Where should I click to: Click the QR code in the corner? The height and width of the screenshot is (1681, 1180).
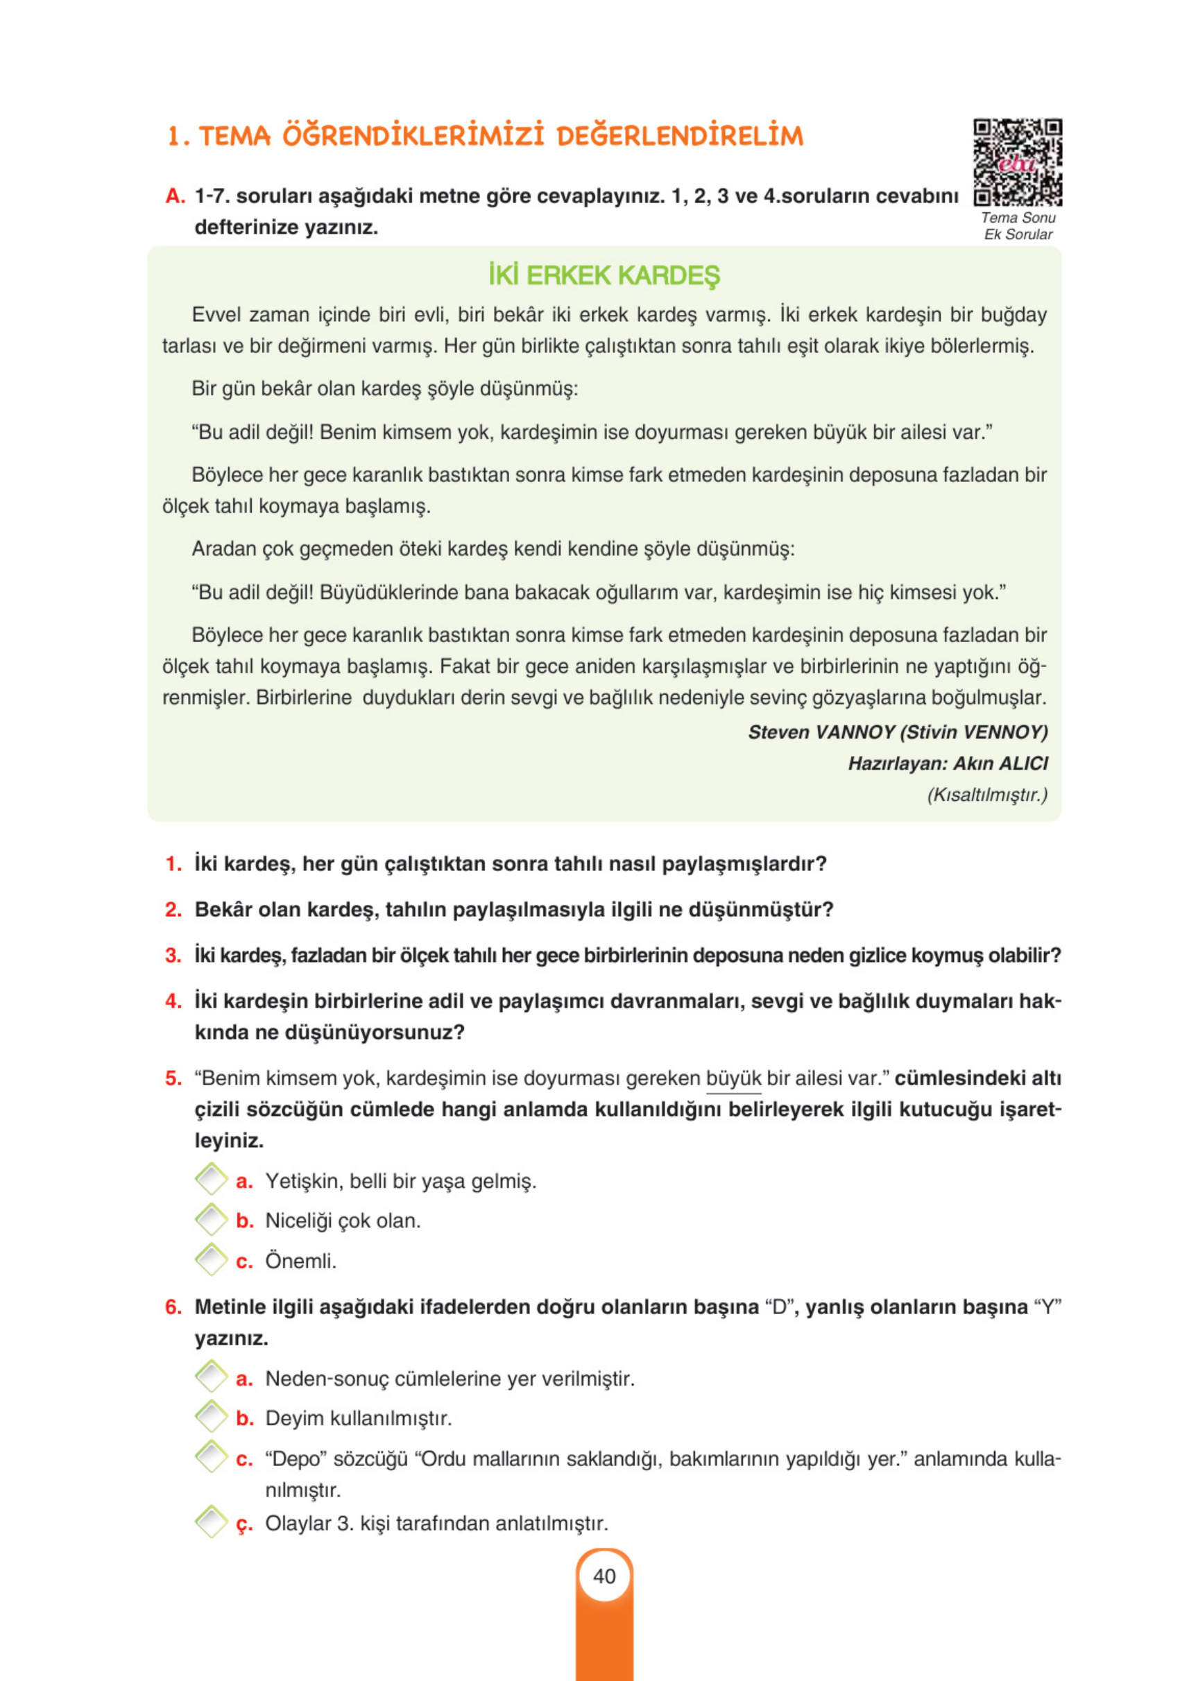pos(1017,162)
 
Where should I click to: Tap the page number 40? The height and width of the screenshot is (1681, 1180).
pos(604,1576)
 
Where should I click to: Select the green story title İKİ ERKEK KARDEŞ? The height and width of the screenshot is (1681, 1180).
pos(604,276)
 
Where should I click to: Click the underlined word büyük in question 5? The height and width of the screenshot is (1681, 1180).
pos(733,1078)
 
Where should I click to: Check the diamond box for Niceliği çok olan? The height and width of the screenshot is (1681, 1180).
pos(211,1220)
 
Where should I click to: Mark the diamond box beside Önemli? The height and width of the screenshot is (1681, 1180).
pos(211,1260)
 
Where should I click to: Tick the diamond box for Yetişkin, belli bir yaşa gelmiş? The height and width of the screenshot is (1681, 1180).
pos(211,1180)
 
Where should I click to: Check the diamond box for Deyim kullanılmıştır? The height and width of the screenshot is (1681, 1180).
pos(211,1417)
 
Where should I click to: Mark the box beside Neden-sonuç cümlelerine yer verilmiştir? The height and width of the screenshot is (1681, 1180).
pos(211,1377)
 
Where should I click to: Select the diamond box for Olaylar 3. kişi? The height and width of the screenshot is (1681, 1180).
pos(211,1521)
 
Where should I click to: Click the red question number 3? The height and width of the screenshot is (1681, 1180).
pos(173,956)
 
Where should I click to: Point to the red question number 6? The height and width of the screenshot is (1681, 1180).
pos(173,1307)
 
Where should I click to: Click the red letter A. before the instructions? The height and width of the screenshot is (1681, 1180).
pos(174,196)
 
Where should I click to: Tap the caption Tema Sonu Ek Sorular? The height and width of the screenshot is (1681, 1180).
pos(1018,226)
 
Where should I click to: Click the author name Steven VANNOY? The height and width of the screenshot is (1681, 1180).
pos(821,732)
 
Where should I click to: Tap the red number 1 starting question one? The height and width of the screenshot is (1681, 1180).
pos(173,864)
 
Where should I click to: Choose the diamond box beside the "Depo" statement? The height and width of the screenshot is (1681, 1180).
pos(211,1457)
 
